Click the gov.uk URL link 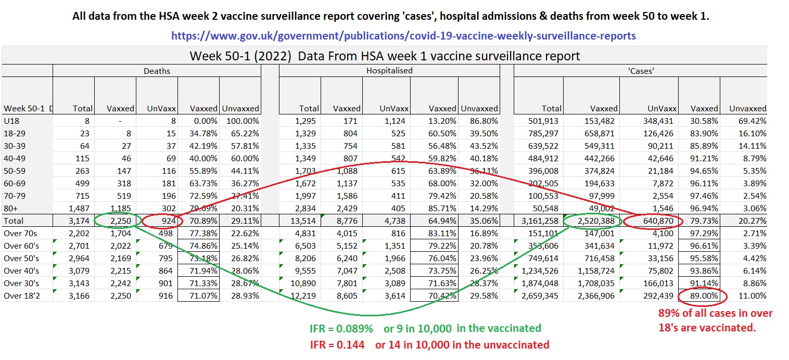click(403, 36)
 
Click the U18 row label click(11, 120)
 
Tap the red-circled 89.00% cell click(700, 296)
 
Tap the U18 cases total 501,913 click(544, 120)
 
